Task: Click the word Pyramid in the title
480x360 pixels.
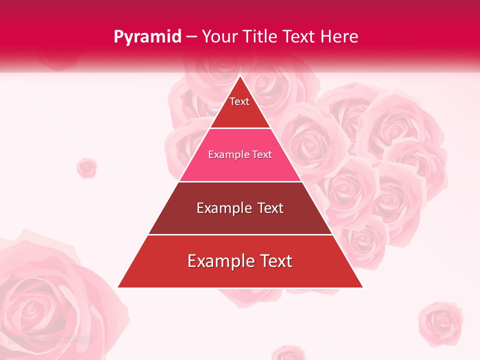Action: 147,37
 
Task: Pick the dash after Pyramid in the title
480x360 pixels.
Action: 191,37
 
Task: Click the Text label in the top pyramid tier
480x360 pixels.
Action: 239,101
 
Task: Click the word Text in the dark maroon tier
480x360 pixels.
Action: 270,208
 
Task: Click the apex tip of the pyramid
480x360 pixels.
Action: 240,76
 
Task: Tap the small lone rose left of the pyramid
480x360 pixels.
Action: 86,168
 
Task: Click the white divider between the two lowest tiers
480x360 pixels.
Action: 240,234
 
